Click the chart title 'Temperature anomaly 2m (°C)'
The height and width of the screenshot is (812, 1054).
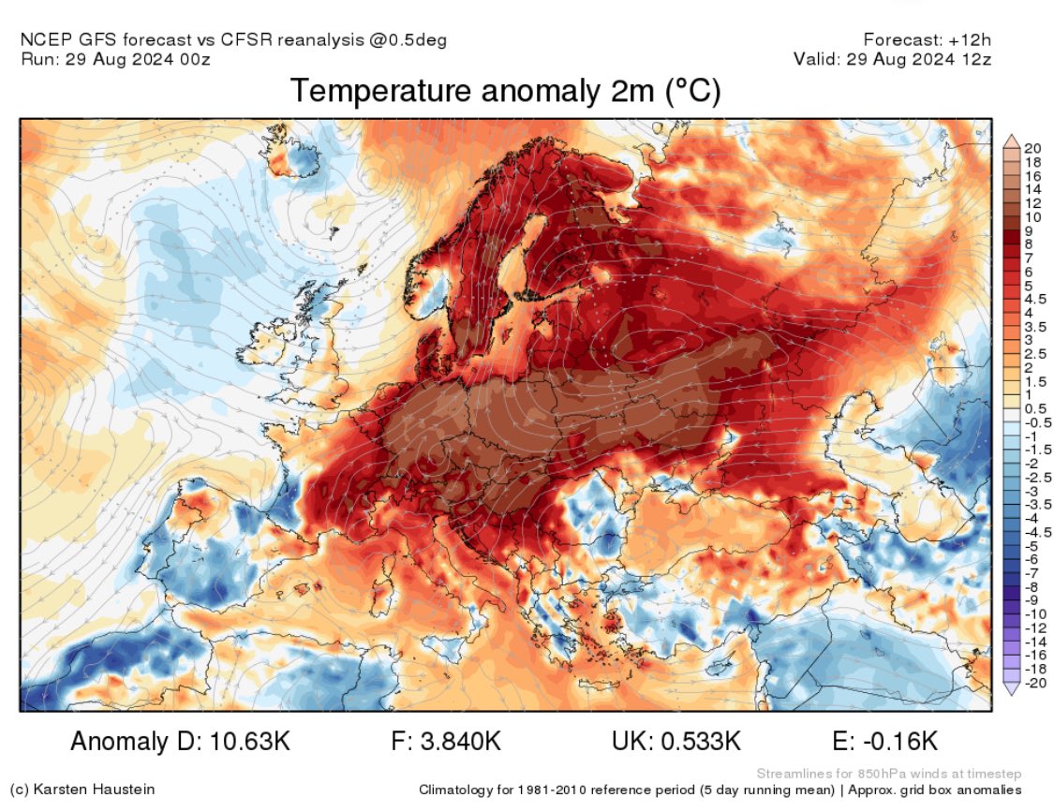[x=505, y=92]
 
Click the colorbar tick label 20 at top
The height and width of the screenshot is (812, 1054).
[x=1032, y=148]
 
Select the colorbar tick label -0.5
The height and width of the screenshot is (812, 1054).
[x=1035, y=422]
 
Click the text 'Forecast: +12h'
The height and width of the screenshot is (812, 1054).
[x=928, y=40]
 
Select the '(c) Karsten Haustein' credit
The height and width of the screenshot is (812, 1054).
[x=82, y=790]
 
